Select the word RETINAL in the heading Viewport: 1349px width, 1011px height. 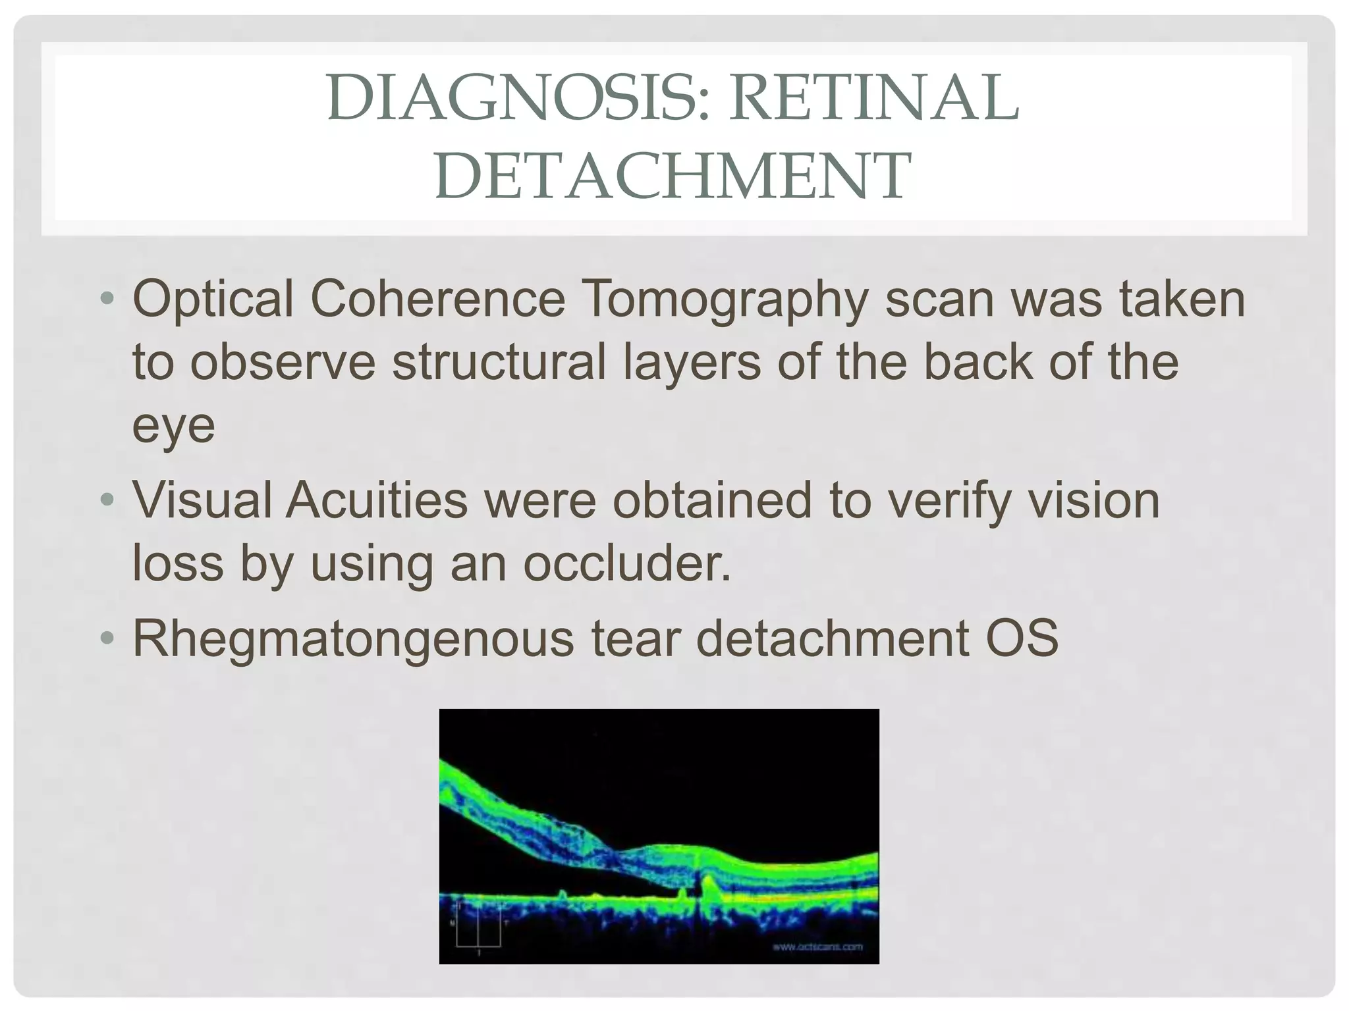(x=873, y=99)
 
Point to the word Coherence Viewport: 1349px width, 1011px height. (x=437, y=299)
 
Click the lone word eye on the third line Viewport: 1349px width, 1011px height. (x=174, y=427)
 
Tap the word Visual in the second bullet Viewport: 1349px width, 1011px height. (x=202, y=501)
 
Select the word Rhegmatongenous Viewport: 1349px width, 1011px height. (x=353, y=639)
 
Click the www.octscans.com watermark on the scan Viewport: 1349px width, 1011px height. (x=817, y=947)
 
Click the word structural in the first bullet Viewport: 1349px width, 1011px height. (x=499, y=363)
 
